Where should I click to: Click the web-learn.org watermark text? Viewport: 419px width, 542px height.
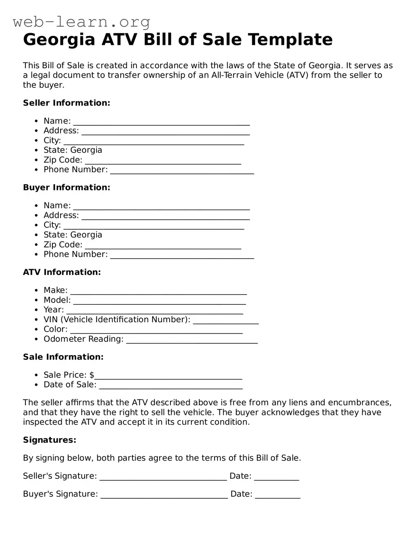coord(81,22)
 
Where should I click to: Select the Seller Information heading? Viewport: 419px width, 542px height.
coord(67,103)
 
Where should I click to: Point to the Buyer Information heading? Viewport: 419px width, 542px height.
coord(67,187)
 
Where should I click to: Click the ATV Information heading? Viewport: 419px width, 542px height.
coord(62,272)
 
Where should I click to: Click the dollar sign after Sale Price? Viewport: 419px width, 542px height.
coord(92,375)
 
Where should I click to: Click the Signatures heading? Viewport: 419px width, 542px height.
coord(49,440)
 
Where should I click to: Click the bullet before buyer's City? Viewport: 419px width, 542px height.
coord(36,225)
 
